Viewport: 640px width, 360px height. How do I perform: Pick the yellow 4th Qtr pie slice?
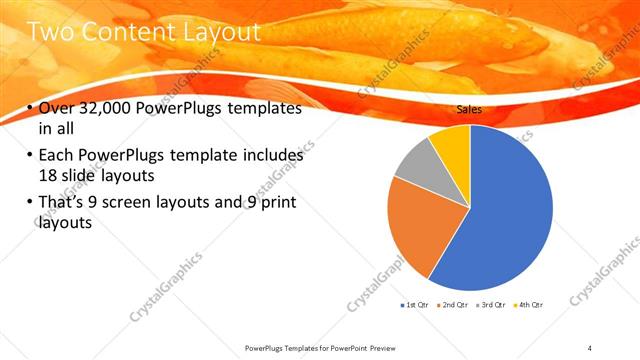[x=450, y=140]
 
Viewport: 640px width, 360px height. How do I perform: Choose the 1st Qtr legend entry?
[x=414, y=303]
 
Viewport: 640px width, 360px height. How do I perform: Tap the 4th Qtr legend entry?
[x=530, y=303]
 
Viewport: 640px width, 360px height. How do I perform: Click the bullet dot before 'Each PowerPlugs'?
[x=29, y=157]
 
